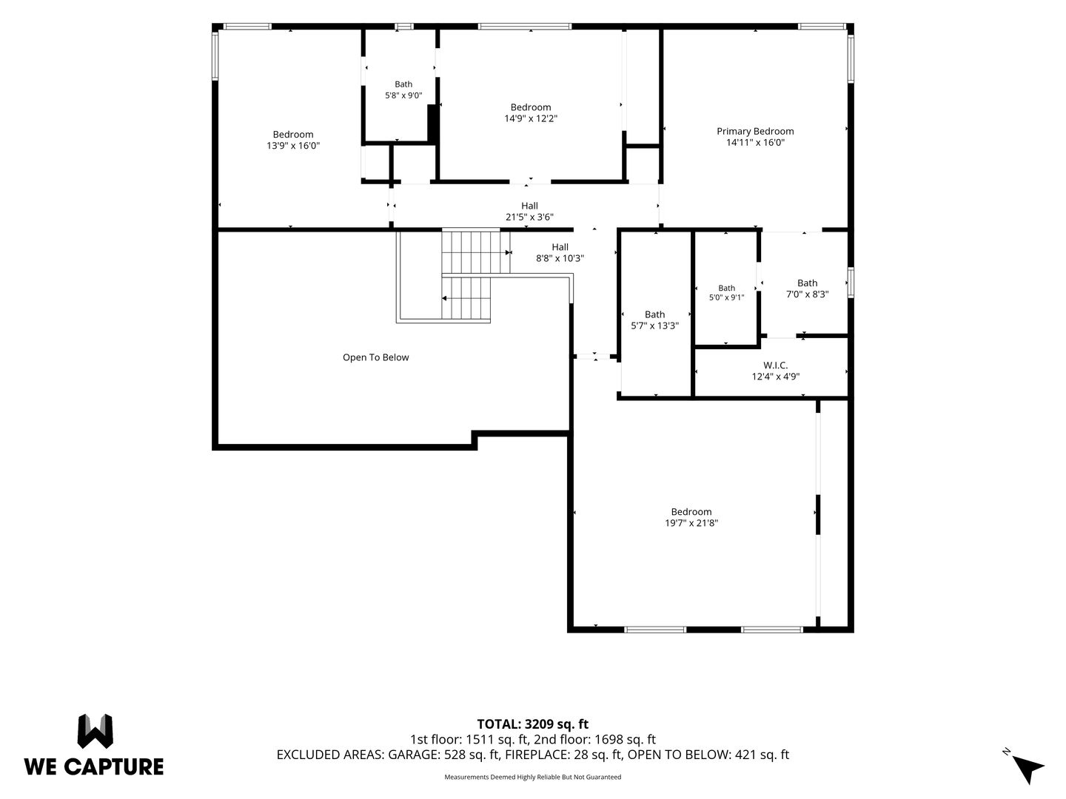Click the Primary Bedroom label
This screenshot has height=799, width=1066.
754,131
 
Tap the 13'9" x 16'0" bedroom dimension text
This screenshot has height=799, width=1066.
293,146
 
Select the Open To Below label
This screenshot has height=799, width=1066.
375,357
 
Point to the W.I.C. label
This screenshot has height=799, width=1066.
775,365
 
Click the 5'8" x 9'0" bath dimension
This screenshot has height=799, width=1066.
403,95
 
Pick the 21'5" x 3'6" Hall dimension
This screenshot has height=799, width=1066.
529,217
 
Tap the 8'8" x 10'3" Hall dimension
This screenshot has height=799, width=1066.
560,258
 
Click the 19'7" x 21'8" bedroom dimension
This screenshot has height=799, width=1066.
691,522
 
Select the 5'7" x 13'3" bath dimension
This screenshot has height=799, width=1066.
654,326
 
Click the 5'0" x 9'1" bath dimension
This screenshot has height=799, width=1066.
726,297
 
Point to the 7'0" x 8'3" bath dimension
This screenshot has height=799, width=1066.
807,294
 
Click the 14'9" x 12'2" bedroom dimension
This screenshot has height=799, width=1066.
530,118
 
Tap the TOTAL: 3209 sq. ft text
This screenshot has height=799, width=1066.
532,724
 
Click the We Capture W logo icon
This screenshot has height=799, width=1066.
95,731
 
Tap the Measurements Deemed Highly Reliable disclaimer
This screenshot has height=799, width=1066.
532,777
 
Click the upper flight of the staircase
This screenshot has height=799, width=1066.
476,252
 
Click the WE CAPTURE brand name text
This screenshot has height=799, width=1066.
94,767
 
